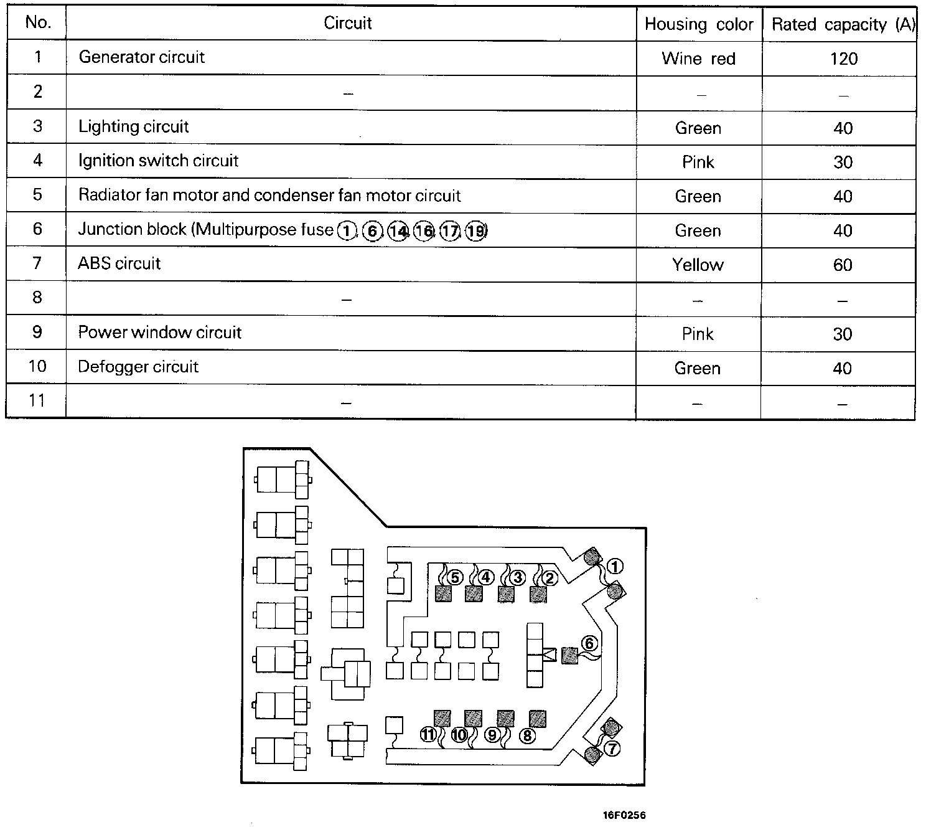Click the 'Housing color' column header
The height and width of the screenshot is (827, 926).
[699, 24]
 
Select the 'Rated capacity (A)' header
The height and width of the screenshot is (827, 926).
[843, 24]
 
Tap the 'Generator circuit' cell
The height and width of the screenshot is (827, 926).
[142, 57]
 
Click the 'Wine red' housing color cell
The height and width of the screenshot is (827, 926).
[698, 59]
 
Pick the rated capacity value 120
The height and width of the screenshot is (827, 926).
[843, 59]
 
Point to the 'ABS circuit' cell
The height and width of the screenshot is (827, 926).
[119, 263]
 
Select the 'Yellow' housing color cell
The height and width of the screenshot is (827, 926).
[698, 265]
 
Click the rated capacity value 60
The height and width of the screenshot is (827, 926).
[843, 265]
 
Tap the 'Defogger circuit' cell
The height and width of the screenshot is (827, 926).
[138, 366]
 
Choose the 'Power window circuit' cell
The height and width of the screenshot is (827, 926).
[160, 332]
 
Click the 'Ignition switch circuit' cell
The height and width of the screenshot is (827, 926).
[158, 161]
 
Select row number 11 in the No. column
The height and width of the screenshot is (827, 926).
[37, 400]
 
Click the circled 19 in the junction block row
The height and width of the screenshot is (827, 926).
[476, 231]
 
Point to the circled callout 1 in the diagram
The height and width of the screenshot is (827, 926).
[615, 566]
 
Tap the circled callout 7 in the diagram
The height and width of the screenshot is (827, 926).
[612, 749]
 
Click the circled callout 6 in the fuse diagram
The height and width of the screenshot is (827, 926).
[589, 643]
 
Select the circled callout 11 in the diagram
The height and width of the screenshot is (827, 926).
[428, 735]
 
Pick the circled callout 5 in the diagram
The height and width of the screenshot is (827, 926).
[455, 577]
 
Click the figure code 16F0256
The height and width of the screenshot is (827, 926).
[624, 815]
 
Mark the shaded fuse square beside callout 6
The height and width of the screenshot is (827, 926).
[569, 655]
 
